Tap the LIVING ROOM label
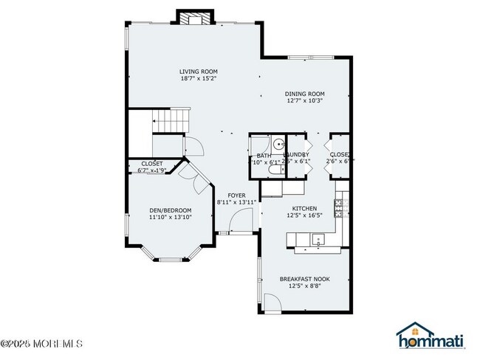pos(198,72)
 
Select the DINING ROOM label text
pos(305,94)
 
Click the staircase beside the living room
pos(170,120)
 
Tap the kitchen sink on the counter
pos(317,238)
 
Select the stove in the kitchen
pos(340,207)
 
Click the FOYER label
pos(236,195)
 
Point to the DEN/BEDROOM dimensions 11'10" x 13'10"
pos(170,217)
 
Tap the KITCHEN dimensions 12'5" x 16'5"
pos(305,215)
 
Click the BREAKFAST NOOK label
pos(304,278)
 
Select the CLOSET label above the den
pos(151,163)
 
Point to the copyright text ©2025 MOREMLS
pos(42,344)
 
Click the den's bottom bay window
pos(174,259)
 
